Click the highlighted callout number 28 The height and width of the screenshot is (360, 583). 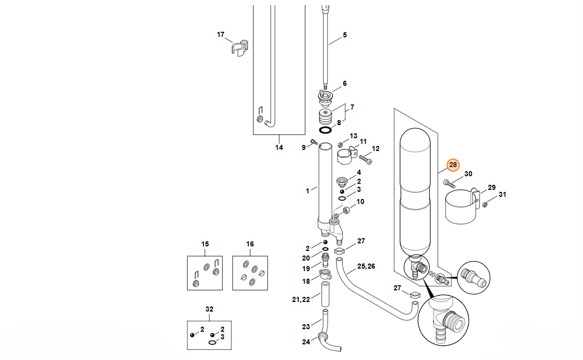tap(453, 165)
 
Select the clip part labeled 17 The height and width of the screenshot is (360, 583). tap(239, 47)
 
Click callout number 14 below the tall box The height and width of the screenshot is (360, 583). tap(279, 147)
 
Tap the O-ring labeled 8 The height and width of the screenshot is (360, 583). tap(326, 130)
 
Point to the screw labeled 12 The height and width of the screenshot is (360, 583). tap(365, 159)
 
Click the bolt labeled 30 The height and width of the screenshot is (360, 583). tap(449, 183)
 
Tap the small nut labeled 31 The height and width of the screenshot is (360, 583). tap(485, 204)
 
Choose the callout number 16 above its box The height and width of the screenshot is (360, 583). tap(250, 244)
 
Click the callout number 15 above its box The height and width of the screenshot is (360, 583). tap(205, 244)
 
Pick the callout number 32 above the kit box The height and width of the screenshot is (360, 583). tap(209, 309)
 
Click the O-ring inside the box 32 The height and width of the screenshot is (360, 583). tap(212, 342)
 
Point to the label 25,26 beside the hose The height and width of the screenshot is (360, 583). tap(366, 266)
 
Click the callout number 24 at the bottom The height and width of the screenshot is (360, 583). tap(306, 341)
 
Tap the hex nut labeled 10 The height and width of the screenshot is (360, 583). tap(346, 210)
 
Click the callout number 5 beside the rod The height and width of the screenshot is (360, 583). tap(345, 35)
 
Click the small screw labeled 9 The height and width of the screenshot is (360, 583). tap(313, 141)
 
